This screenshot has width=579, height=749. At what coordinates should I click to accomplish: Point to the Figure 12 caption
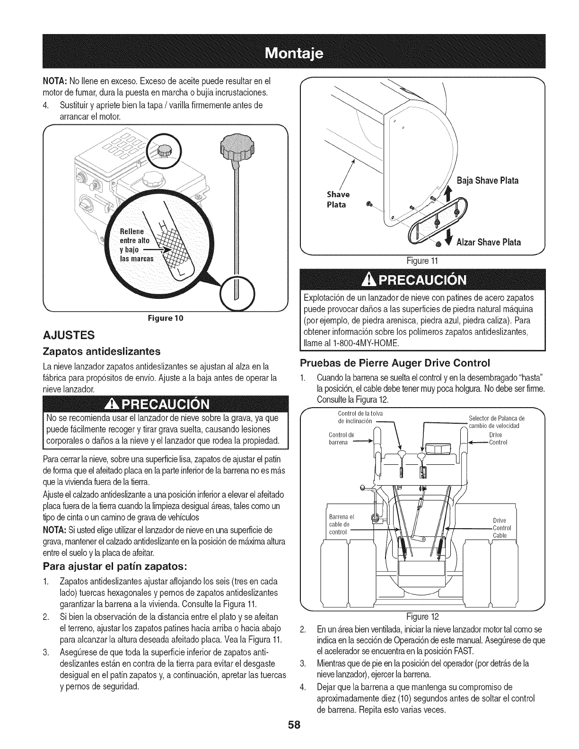(x=421, y=617)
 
